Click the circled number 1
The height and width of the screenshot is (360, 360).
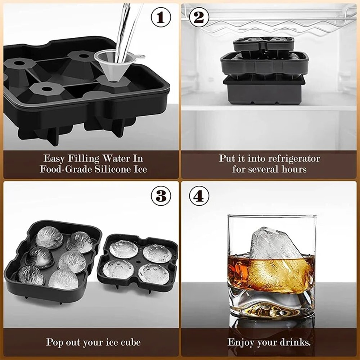pyautogui.click(x=161, y=17)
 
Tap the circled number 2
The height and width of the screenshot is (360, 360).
pyautogui.click(x=199, y=17)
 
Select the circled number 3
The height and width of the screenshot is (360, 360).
pyautogui.click(x=161, y=196)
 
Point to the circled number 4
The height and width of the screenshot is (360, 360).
pyautogui.click(x=199, y=196)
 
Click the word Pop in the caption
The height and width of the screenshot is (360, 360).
pyautogui.click(x=55, y=342)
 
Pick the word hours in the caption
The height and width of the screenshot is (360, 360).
pyautogui.click(x=294, y=169)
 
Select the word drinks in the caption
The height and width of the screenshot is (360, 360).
pyautogui.click(x=295, y=342)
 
